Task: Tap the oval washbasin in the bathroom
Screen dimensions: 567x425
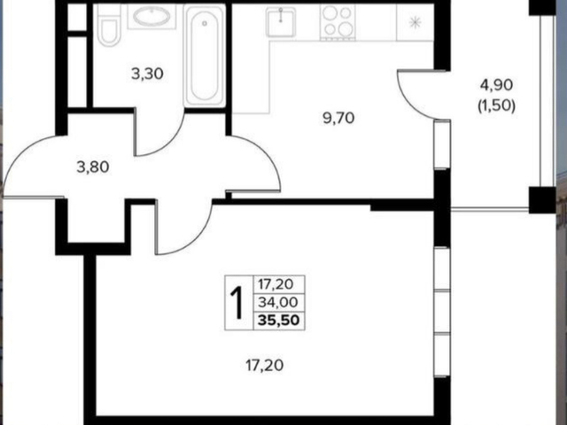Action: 151,16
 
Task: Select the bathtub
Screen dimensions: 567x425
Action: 205,55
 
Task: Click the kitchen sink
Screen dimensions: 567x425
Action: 281,22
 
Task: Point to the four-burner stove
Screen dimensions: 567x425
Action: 338,21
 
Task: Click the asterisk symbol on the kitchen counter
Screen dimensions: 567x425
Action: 416,23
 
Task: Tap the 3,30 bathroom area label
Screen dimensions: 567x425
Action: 147,74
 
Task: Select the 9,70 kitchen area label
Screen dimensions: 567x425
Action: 338,118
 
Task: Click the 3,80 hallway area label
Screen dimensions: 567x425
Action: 93,167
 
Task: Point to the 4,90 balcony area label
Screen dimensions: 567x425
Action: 496,85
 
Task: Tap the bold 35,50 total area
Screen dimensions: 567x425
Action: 279,321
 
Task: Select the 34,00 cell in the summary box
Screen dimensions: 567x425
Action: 277,302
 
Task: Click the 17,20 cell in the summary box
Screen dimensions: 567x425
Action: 276,284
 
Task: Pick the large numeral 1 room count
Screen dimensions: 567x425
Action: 237,303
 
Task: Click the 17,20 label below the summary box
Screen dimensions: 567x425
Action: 264,366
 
